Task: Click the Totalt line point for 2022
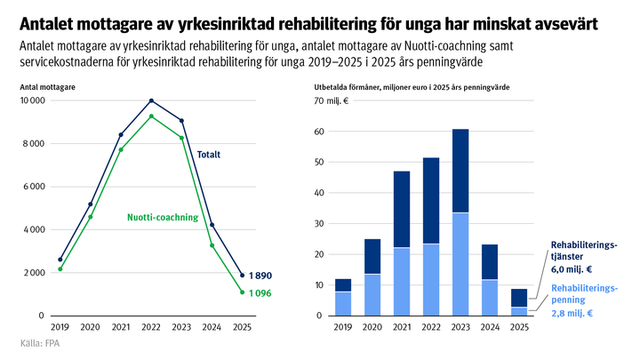(x=151, y=100)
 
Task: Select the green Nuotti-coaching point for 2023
(x=181, y=138)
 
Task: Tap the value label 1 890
(x=260, y=276)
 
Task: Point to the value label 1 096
(x=260, y=293)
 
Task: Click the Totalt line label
(x=208, y=155)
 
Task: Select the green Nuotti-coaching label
(x=163, y=217)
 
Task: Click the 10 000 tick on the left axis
(x=31, y=101)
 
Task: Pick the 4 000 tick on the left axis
(x=34, y=229)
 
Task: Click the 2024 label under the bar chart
(x=490, y=327)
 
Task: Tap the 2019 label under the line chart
(x=60, y=327)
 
